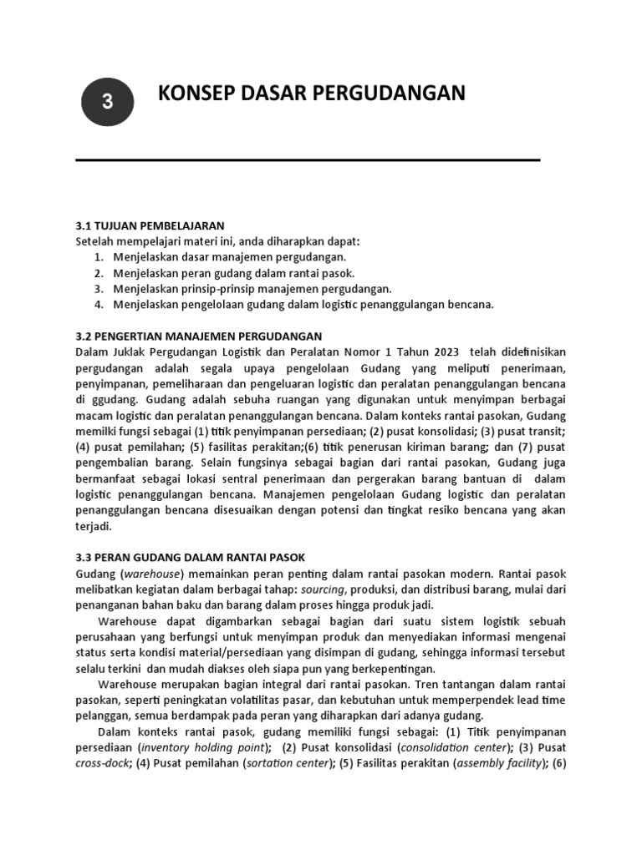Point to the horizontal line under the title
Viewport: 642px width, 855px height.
(308, 159)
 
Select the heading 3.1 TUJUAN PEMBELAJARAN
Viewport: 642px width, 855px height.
(150, 225)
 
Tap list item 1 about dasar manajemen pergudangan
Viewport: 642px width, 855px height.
(220, 257)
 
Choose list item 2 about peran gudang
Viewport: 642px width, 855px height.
(224, 273)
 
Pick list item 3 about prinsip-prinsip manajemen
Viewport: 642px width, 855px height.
(243, 289)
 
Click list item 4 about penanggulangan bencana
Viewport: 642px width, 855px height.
(293, 305)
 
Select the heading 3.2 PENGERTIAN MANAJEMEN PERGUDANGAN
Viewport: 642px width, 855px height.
(199, 336)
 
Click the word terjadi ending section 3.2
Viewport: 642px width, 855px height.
(93, 527)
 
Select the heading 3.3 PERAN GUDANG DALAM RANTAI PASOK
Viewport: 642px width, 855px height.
(191, 559)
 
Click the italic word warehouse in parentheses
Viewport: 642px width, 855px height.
(152, 574)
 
